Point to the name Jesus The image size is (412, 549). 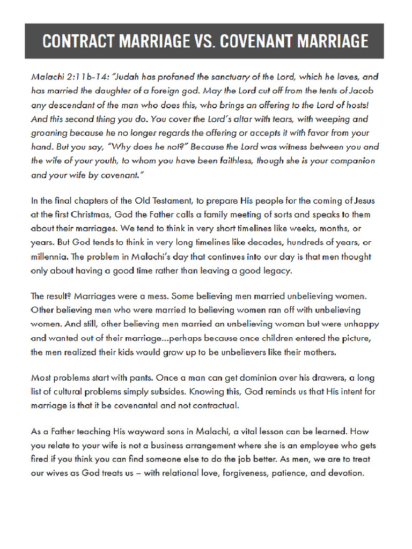363,201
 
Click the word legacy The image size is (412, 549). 276,271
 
